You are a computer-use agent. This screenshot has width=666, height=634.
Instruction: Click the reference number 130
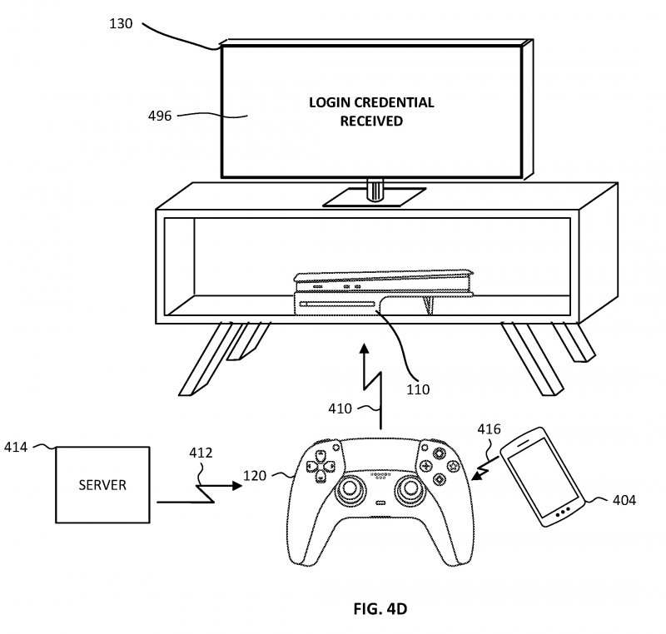click(x=121, y=23)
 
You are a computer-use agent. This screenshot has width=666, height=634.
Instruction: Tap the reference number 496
click(x=160, y=116)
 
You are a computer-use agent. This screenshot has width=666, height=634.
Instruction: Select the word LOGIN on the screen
click(x=330, y=102)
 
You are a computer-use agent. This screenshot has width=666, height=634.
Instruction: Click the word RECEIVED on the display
click(x=371, y=121)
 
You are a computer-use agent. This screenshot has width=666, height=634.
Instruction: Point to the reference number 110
click(x=418, y=389)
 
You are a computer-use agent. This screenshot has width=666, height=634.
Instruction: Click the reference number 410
click(x=340, y=409)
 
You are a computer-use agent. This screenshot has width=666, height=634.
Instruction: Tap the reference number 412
click(x=201, y=453)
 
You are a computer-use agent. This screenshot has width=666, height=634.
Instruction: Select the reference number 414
click(x=16, y=447)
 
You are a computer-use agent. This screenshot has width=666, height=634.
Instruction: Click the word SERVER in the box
click(x=102, y=485)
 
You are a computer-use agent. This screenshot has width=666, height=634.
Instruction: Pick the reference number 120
click(x=255, y=476)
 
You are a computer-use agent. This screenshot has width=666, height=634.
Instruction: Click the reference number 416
click(x=489, y=429)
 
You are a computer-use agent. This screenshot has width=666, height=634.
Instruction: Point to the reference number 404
click(x=624, y=500)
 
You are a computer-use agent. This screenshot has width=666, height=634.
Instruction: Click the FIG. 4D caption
click(x=380, y=609)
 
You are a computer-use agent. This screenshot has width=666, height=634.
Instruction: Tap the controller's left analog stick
click(x=349, y=489)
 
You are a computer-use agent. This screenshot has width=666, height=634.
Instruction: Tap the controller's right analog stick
click(x=410, y=489)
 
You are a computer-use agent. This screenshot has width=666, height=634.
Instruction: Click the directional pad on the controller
click(x=321, y=466)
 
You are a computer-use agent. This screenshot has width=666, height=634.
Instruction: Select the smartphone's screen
click(x=543, y=475)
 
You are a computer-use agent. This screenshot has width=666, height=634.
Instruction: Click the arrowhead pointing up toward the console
click(x=364, y=349)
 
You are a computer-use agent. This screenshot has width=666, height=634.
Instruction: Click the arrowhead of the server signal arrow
click(x=237, y=485)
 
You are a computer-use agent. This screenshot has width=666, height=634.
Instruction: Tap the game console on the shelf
click(x=384, y=293)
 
